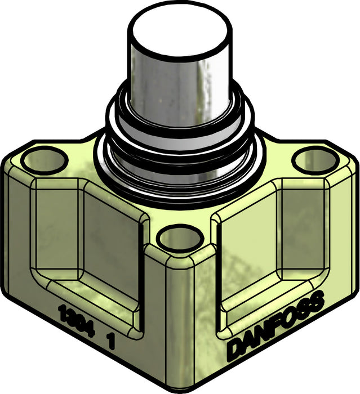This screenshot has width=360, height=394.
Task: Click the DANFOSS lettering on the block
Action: (x=275, y=325)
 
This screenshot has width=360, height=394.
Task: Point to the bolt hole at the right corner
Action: (x=314, y=160)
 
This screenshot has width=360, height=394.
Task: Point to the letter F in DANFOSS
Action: (x=273, y=328)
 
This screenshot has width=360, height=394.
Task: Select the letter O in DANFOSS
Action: (x=286, y=320)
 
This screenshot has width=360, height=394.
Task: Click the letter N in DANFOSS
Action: (x=260, y=335)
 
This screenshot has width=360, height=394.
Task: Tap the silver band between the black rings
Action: (x=180, y=141)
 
